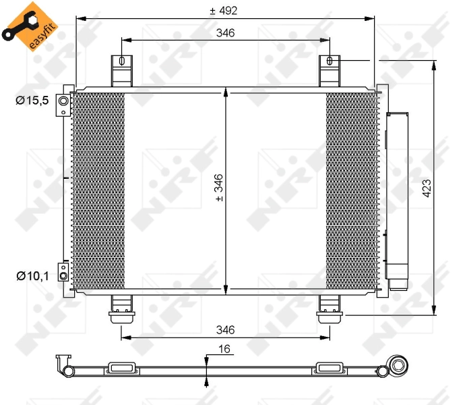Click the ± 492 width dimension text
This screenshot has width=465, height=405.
225,11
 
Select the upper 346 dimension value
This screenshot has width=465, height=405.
225,33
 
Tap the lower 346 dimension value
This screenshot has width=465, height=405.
225,329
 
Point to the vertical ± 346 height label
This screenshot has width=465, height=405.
218,188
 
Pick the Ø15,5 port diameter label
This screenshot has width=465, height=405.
32,101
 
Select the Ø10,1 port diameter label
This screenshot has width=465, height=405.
32,275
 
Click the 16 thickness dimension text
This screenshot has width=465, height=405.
225,350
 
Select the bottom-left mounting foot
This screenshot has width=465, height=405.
121,307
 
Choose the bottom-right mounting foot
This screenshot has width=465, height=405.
330,307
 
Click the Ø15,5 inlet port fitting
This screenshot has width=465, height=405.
63,101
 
